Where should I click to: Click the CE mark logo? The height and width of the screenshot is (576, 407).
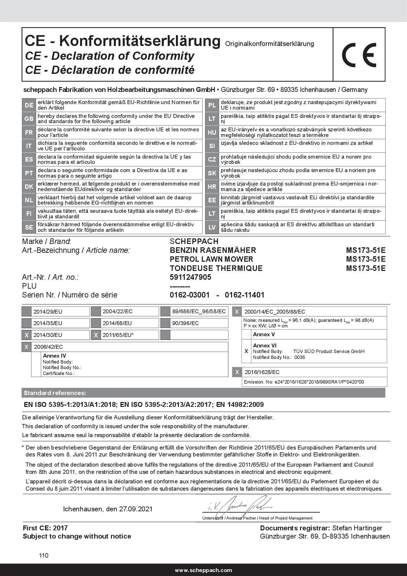359,55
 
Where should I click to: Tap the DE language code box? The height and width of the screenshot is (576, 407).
29,105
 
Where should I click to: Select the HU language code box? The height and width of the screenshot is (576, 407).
212,132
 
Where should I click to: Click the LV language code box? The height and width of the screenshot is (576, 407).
212,227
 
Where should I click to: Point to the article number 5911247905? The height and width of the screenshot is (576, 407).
190,277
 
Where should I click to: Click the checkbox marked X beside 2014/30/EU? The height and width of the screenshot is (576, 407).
27,335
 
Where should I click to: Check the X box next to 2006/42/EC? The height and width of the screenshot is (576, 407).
27,347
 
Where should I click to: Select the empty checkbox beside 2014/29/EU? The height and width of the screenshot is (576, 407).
27,311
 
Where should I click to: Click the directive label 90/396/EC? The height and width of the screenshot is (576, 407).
185,323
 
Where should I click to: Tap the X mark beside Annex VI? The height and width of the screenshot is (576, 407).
246,351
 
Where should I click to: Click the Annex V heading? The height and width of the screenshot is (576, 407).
264,334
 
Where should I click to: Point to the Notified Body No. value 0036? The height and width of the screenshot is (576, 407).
300,357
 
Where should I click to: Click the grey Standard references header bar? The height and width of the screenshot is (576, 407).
203,393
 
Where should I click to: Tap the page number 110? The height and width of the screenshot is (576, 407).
44,555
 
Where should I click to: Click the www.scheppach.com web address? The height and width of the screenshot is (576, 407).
203,570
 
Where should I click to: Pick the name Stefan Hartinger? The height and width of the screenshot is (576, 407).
357,528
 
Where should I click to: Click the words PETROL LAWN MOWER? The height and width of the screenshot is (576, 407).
211,259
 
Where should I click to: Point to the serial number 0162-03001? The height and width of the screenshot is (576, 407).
189,295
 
